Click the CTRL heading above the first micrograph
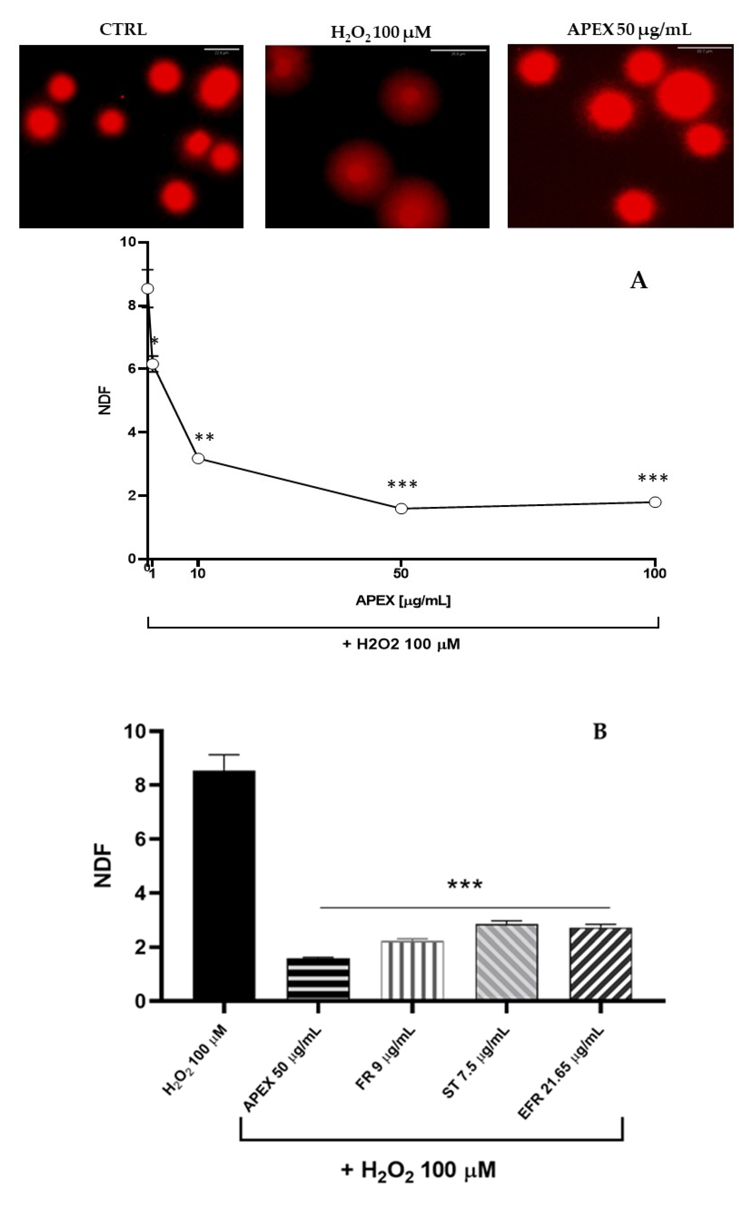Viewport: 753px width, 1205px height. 123,30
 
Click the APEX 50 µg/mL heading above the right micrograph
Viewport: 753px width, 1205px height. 629,30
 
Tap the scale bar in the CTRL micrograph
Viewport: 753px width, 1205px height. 222,50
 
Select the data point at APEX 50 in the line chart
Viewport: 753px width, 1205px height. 402,508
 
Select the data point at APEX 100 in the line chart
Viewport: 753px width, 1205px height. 655,502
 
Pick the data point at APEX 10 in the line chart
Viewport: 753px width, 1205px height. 198,458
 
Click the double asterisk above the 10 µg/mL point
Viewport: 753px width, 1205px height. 204,437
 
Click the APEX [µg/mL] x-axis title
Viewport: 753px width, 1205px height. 403,601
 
